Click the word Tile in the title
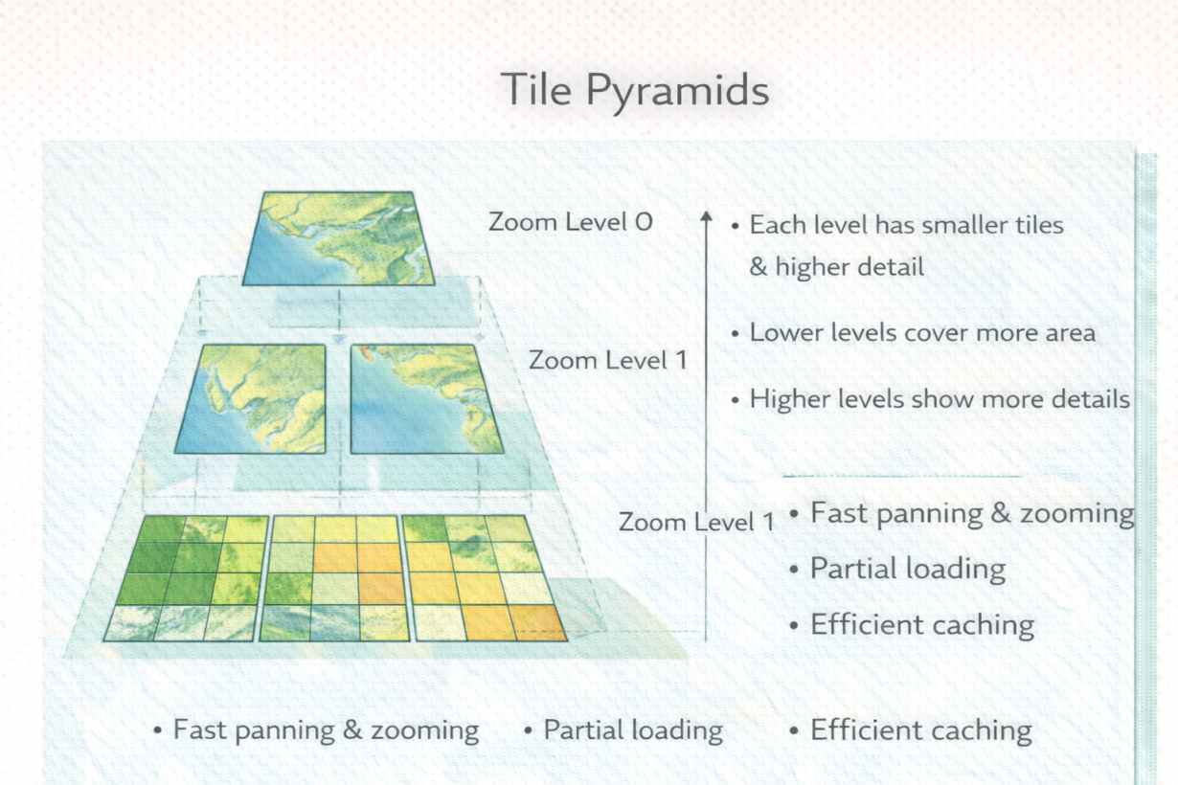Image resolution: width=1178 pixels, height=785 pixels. coord(536,89)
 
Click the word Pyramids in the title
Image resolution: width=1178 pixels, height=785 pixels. coord(677,93)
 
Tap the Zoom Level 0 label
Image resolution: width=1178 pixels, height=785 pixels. coord(571,222)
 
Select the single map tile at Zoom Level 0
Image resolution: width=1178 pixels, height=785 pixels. coord(338,238)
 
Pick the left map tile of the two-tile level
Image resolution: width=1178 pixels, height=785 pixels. coord(251,399)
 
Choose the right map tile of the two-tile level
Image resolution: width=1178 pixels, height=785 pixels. coord(426,399)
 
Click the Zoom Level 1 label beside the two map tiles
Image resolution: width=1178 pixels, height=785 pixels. coord(608,360)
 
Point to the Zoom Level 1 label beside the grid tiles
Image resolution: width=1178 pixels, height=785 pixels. coord(696,522)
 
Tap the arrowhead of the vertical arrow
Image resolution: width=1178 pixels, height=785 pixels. coord(706,216)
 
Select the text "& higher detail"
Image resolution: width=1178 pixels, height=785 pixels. coord(836,266)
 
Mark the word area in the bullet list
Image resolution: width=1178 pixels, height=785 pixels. coord(1070,334)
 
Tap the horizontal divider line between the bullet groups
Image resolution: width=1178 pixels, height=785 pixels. coord(902,477)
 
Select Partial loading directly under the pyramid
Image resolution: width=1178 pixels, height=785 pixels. coord(633,730)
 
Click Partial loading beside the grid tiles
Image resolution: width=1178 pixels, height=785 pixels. coord(907,569)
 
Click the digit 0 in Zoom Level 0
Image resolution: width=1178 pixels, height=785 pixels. coord(644,222)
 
